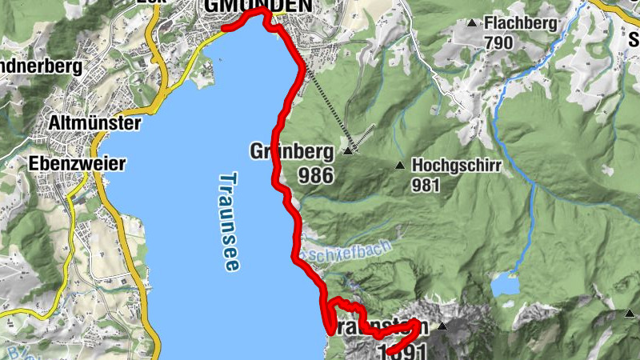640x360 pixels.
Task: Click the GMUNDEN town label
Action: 258,6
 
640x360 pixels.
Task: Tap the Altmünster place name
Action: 94,124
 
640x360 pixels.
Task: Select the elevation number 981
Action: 428,185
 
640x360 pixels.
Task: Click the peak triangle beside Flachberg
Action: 472,22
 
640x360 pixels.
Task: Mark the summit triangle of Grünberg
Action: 348,150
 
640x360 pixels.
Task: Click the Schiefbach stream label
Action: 353,251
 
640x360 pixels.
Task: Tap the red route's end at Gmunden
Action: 226,28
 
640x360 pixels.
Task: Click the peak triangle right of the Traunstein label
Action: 442,326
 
